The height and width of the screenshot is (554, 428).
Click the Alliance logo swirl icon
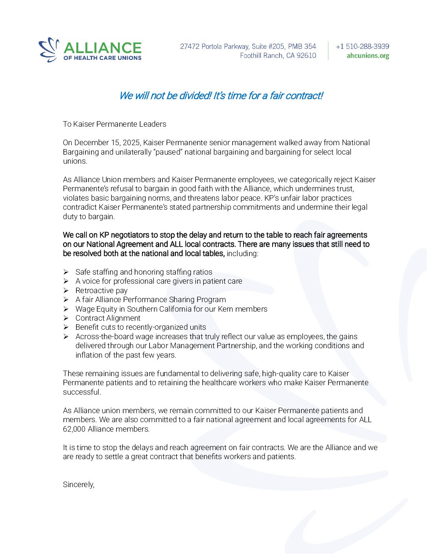point(49,50)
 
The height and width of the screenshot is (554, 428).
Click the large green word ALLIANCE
point(102,48)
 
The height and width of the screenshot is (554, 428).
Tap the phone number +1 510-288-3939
point(362,46)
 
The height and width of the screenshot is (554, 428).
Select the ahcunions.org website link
point(368,56)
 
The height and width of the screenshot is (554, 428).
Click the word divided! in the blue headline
point(196,96)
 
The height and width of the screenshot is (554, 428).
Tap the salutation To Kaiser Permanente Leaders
point(114,124)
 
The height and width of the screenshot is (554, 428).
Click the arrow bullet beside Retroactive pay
point(66,290)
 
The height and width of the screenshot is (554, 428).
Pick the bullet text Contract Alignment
point(108,318)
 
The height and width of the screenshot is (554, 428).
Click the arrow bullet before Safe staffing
point(66,272)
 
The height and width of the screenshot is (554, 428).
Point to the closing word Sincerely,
point(79,484)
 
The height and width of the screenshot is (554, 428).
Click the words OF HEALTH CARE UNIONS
point(102,58)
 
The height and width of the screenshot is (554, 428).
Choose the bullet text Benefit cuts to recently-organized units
point(140,327)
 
